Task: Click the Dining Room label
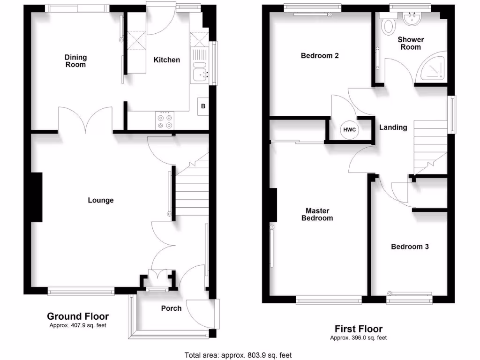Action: click(75, 61)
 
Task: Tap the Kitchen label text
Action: click(167, 60)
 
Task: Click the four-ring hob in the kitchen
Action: click(165, 121)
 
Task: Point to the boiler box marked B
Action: click(203, 106)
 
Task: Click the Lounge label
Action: click(101, 200)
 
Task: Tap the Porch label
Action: click(171, 308)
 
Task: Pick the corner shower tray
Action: click(434, 70)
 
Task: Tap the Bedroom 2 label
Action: click(320, 56)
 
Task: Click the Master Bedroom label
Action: click(317, 214)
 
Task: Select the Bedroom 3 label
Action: click(410, 247)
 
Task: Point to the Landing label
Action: click(393, 127)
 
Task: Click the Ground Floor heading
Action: click(78, 316)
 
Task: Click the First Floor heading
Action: click(358, 329)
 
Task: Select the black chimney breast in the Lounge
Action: click(36, 197)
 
